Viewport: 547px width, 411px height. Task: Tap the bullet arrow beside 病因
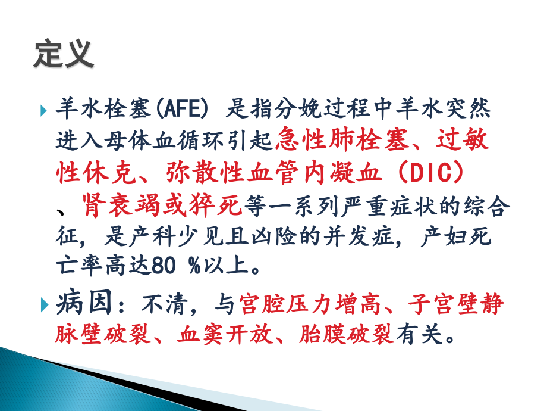[x=45, y=306]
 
